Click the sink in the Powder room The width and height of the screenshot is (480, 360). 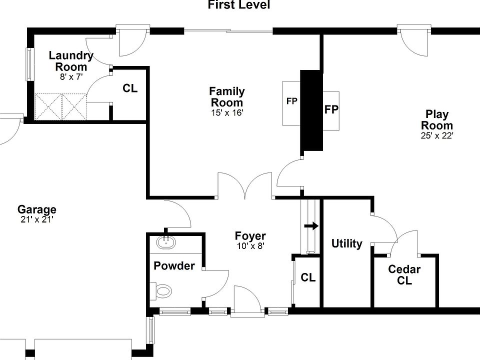[x=166, y=242]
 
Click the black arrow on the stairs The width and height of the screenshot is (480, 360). [x=311, y=226]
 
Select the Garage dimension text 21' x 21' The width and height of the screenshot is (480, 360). [x=37, y=219]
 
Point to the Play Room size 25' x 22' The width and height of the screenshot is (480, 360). [x=437, y=135]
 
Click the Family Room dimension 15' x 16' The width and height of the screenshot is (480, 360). [x=227, y=112]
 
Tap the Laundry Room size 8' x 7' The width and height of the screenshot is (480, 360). [x=71, y=76]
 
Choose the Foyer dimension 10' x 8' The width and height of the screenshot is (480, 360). [x=250, y=245]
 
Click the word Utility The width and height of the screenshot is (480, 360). [x=347, y=243]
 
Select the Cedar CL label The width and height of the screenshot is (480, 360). [x=404, y=275]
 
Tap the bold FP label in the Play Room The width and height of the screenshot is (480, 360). [x=331, y=109]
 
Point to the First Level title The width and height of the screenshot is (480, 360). [x=239, y=4]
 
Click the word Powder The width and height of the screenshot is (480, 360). [x=174, y=265]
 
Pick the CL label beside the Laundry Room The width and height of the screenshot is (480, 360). [x=130, y=88]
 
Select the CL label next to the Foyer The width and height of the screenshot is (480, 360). [x=308, y=277]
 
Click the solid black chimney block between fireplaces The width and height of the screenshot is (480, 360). [x=311, y=110]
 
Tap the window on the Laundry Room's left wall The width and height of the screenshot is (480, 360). [x=29, y=64]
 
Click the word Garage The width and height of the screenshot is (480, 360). [x=37, y=209]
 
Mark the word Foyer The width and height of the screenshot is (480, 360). [x=250, y=236]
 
